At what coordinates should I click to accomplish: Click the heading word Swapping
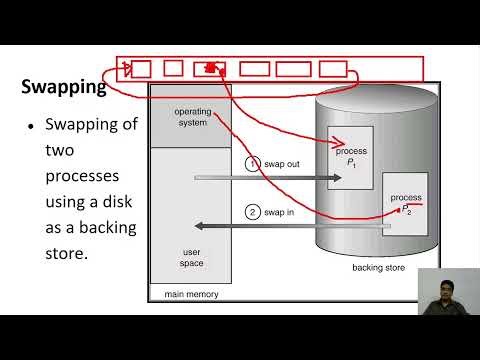click(x=64, y=87)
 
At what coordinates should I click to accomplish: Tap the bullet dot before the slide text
click(x=32, y=127)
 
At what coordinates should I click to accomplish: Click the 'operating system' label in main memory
click(x=190, y=117)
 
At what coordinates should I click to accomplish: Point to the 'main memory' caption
click(x=190, y=294)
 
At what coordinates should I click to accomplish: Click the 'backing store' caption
click(x=377, y=268)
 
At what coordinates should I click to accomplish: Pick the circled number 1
click(x=253, y=163)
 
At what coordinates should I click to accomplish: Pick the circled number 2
click(x=253, y=212)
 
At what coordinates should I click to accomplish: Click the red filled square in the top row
click(x=210, y=69)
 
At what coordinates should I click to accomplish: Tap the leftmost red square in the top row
click(x=141, y=69)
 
